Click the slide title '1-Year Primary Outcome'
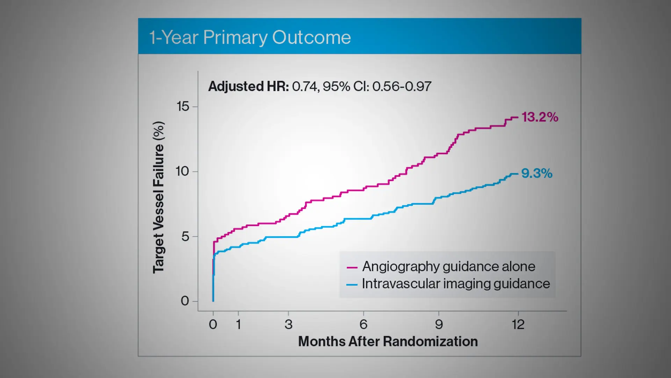(x=250, y=37)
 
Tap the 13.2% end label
(x=540, y=117)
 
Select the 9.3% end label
(x=536, y=174)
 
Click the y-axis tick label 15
(x=183, y=106)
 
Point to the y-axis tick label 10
(x=182, y=171)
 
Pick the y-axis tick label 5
(x=185, y=237)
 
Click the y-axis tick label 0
(x=185, y=301)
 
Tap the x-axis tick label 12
(x=518, y=325)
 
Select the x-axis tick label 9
(x=439, y=325)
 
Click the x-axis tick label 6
(x=363, y=325)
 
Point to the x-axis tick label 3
(x=288, y=325)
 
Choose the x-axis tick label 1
(x=238, y=325)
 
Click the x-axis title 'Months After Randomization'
(x=388, y=342)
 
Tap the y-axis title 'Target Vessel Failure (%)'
(x=158, y=197)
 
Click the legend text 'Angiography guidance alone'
(x=448, y=267)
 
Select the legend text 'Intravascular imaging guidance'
(x=456, y=284)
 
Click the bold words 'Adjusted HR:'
(x=248, y=86)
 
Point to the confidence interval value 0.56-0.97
(x=402, y=86)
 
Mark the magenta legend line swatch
(x=352, y=268)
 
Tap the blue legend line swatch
(x=352, y=285)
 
